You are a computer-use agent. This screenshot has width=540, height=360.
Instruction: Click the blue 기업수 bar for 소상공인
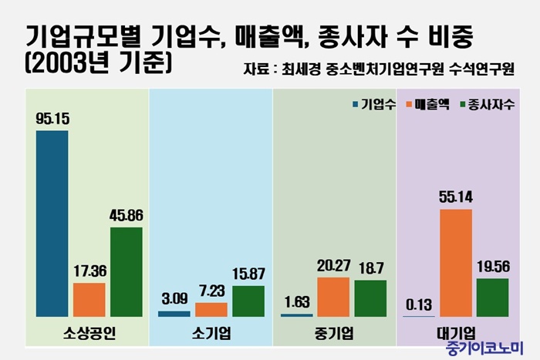point(52,224)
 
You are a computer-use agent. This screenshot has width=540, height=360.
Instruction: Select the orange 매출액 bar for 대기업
point(455,263)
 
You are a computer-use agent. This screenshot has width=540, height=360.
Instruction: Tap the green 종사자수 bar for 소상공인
point(127,272)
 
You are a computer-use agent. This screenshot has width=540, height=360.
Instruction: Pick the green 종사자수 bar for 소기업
point(248,301)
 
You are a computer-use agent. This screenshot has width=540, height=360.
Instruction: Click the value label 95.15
point(52,119)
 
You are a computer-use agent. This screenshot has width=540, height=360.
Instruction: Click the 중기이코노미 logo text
point(484,348)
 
